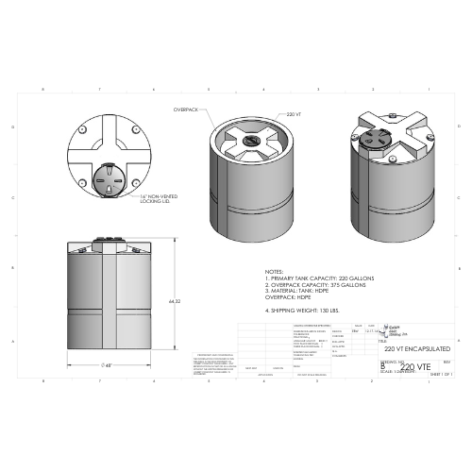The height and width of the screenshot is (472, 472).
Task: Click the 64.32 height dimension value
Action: pos(174,301)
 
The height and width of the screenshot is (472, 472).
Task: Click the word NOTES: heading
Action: pos(274,270)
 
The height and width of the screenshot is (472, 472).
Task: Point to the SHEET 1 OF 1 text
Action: pos(441,374)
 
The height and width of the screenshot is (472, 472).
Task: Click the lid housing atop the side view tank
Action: pos(111,242)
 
